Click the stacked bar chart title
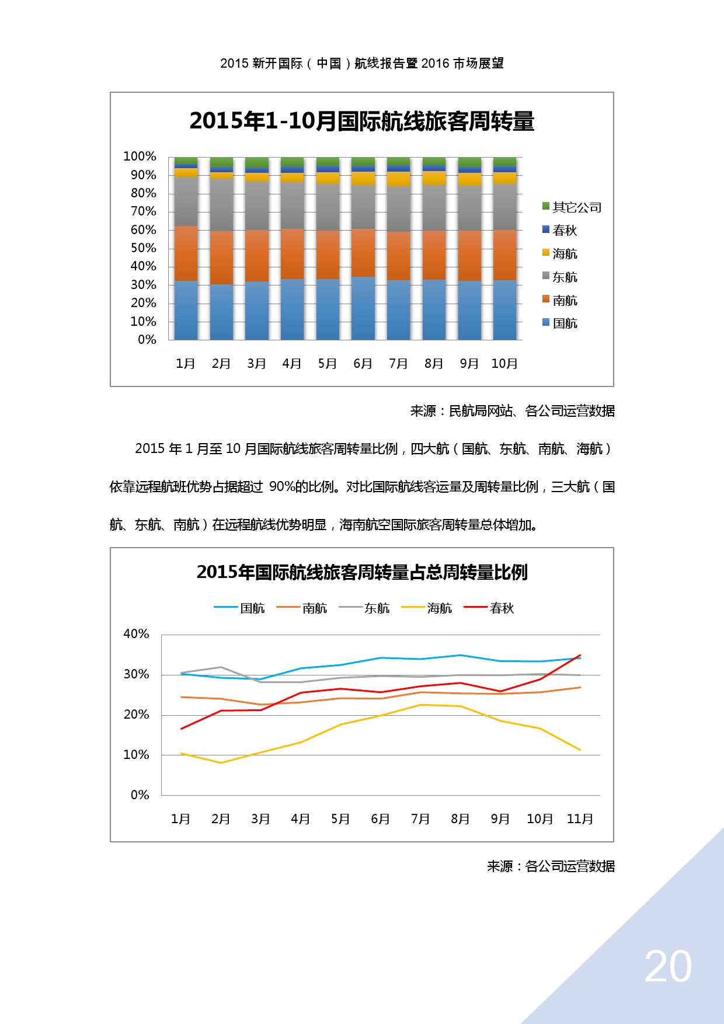click(x=362, y=121)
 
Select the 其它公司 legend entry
click(x=572, y=207)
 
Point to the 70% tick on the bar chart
click(x=143, y=211)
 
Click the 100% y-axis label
click(x=140, y=156)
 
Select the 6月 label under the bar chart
click(x=363, y=364)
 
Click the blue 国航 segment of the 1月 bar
click(x=186, y=311)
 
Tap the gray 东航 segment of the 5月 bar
click(x=328, y=207)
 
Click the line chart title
click(x=362, y=572)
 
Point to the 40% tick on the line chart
click(x=136, y=634)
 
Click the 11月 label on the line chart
click(x=580, y=819)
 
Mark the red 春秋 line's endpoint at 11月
click(x=580, y=655)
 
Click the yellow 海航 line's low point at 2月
click(x=221, y=762)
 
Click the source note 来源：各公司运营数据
click(x=551, y=866)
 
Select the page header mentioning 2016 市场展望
click(x=362, y=63)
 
